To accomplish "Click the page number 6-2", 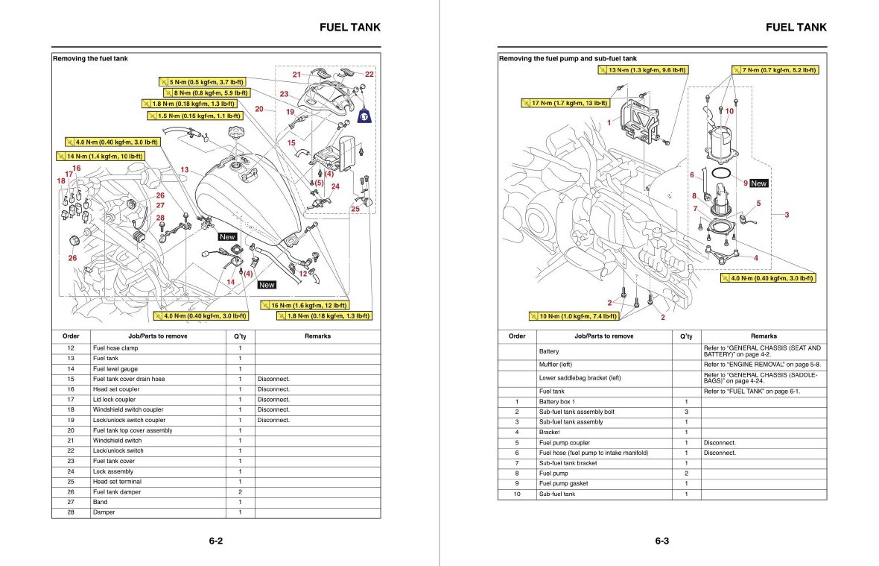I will click(216, 541).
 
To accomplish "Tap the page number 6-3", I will click(662, 541).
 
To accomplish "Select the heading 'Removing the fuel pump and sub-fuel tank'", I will click(568, 58).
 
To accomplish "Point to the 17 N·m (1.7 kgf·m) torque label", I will click(565, 103).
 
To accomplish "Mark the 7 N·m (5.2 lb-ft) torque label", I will click(775, 70).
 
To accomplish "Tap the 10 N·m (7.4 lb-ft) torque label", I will click(574, 316).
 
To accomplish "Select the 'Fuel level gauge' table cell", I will click(115, 368).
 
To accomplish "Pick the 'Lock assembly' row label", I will click(112, 471).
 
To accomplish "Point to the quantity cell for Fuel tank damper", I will click(240, 492).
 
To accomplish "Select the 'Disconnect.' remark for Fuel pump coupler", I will click(720, 442).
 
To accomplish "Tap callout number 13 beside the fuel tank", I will click(184, 170).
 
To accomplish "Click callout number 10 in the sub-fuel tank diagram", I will click(729, 111).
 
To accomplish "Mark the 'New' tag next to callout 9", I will click(758, 183).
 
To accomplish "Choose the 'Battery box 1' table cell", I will click(557, 402).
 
